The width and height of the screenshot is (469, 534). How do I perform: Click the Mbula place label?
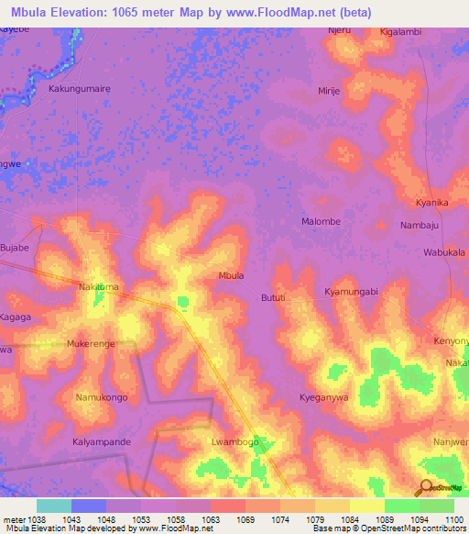pos(231,275)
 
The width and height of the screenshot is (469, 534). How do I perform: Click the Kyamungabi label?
pos(351,291)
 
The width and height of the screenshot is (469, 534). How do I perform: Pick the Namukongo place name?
pos(102,397)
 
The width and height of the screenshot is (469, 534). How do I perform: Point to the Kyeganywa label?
pos(324,397)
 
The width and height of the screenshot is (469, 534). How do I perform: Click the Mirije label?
pos(329,92)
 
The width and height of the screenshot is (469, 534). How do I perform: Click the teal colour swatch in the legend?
pos(54,506)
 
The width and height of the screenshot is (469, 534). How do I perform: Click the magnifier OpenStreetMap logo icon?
pos(426,488)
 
